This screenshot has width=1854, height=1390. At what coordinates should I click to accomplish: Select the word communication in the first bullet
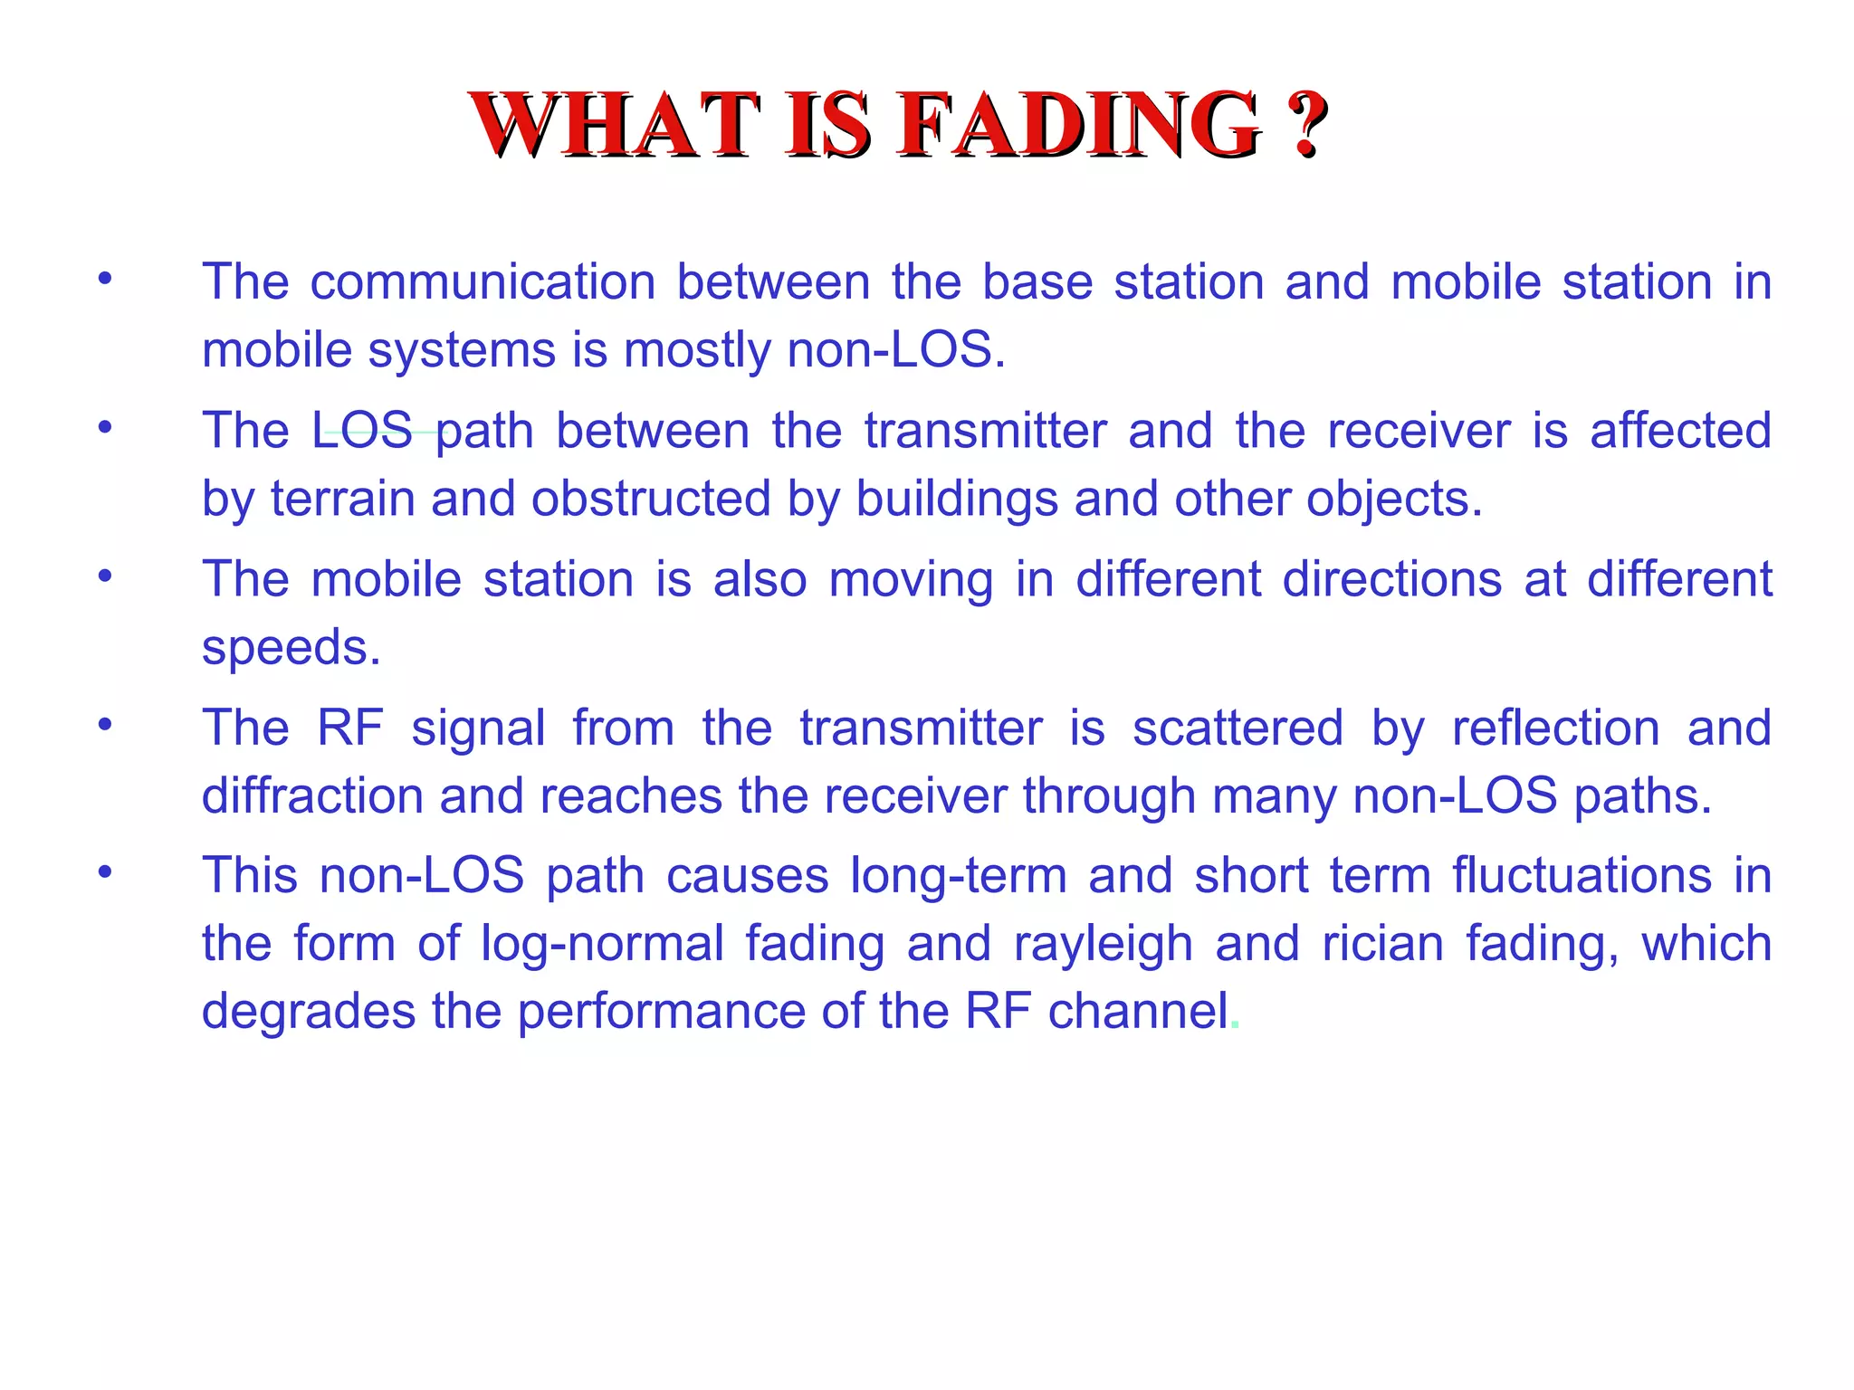point(483,281)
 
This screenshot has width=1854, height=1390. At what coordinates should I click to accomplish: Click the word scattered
point(1238,728)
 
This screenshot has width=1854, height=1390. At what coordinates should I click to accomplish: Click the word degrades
point(307,1013)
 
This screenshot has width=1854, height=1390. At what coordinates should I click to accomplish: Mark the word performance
point(661,1013)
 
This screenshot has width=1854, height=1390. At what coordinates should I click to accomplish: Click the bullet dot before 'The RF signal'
point(106,724)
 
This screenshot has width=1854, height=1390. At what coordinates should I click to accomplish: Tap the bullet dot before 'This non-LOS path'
point(106,872)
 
